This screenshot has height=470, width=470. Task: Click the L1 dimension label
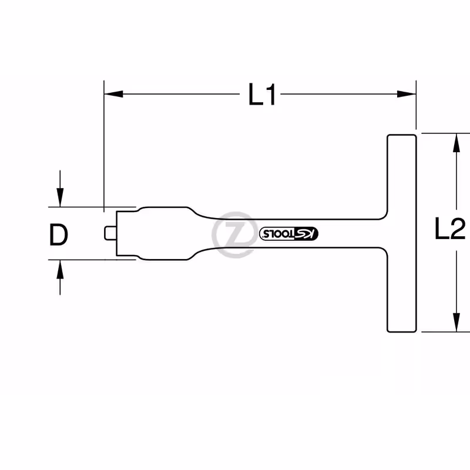click(261, 95)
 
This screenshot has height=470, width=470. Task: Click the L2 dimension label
click(450, 228)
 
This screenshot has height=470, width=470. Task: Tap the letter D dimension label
click(58, 234)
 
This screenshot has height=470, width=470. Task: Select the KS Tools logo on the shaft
click(288, 233)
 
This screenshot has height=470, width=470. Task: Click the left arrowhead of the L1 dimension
click(113, 94)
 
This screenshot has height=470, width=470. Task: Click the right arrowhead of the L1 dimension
click(407, 94)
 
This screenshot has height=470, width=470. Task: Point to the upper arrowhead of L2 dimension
click(456, 143)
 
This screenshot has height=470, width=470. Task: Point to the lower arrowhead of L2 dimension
click(456, 323)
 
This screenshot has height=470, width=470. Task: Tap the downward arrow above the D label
click(60, 189)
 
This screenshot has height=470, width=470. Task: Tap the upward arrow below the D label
click(60, 277)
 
